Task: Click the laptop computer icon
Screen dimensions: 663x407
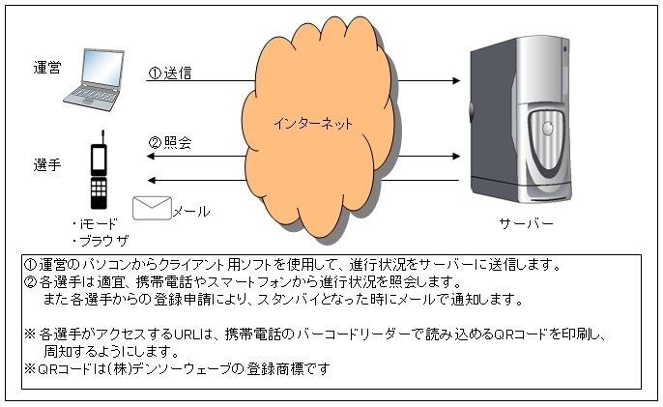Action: pos(94,79)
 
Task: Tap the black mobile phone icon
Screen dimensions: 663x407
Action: pos(99,170)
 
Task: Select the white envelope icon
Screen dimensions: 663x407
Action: pos(152,208)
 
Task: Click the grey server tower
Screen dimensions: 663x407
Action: pos(521,119)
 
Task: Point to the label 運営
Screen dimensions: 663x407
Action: pos(47,68)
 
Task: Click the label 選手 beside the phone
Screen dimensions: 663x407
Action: pos(47,164)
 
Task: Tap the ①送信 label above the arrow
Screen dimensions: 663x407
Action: pos(169,73)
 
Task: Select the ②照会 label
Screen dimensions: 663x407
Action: pos(169,142)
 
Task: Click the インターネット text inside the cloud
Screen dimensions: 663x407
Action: pos(313,124)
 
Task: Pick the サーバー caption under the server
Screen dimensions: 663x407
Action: pos(526,223)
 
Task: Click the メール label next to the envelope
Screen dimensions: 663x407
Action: pos(191,211)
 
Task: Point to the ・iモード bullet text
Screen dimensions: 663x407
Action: pos(95,224)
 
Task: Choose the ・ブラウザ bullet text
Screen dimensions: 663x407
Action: pos(100,241)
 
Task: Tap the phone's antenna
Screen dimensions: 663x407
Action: pos(102,137)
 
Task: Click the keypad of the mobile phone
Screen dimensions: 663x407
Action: pos(99,189)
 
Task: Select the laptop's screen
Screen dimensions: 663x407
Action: pos(102,70)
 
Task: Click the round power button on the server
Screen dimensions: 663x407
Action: pos(548,129)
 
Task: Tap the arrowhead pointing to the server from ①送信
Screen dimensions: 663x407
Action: pos(456,80)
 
